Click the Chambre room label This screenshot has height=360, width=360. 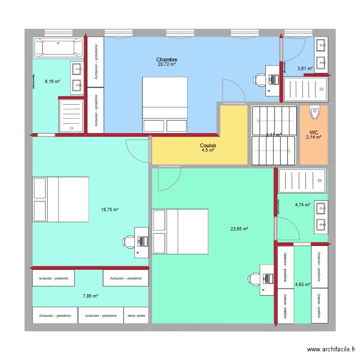point(167,60)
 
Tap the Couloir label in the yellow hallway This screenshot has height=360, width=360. point(208,145)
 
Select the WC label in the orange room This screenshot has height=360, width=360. point(314,132)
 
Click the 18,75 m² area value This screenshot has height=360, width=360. point(109,209)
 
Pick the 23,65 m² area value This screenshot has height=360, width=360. point(239,229)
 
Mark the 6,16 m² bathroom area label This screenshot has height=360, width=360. point(52,82)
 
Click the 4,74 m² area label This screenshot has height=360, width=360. point(302,205)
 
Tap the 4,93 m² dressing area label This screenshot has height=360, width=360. point(302,285)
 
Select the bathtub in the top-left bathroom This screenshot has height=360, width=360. point(58,47)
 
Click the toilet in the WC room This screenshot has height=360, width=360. point(314,112)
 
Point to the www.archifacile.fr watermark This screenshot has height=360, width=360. point(332,349)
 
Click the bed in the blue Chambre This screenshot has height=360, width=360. point(165,104)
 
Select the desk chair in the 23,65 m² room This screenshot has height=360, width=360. point(254,278)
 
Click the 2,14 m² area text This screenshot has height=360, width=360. point(314,137)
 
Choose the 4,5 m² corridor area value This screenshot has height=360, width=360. point(208,150)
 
